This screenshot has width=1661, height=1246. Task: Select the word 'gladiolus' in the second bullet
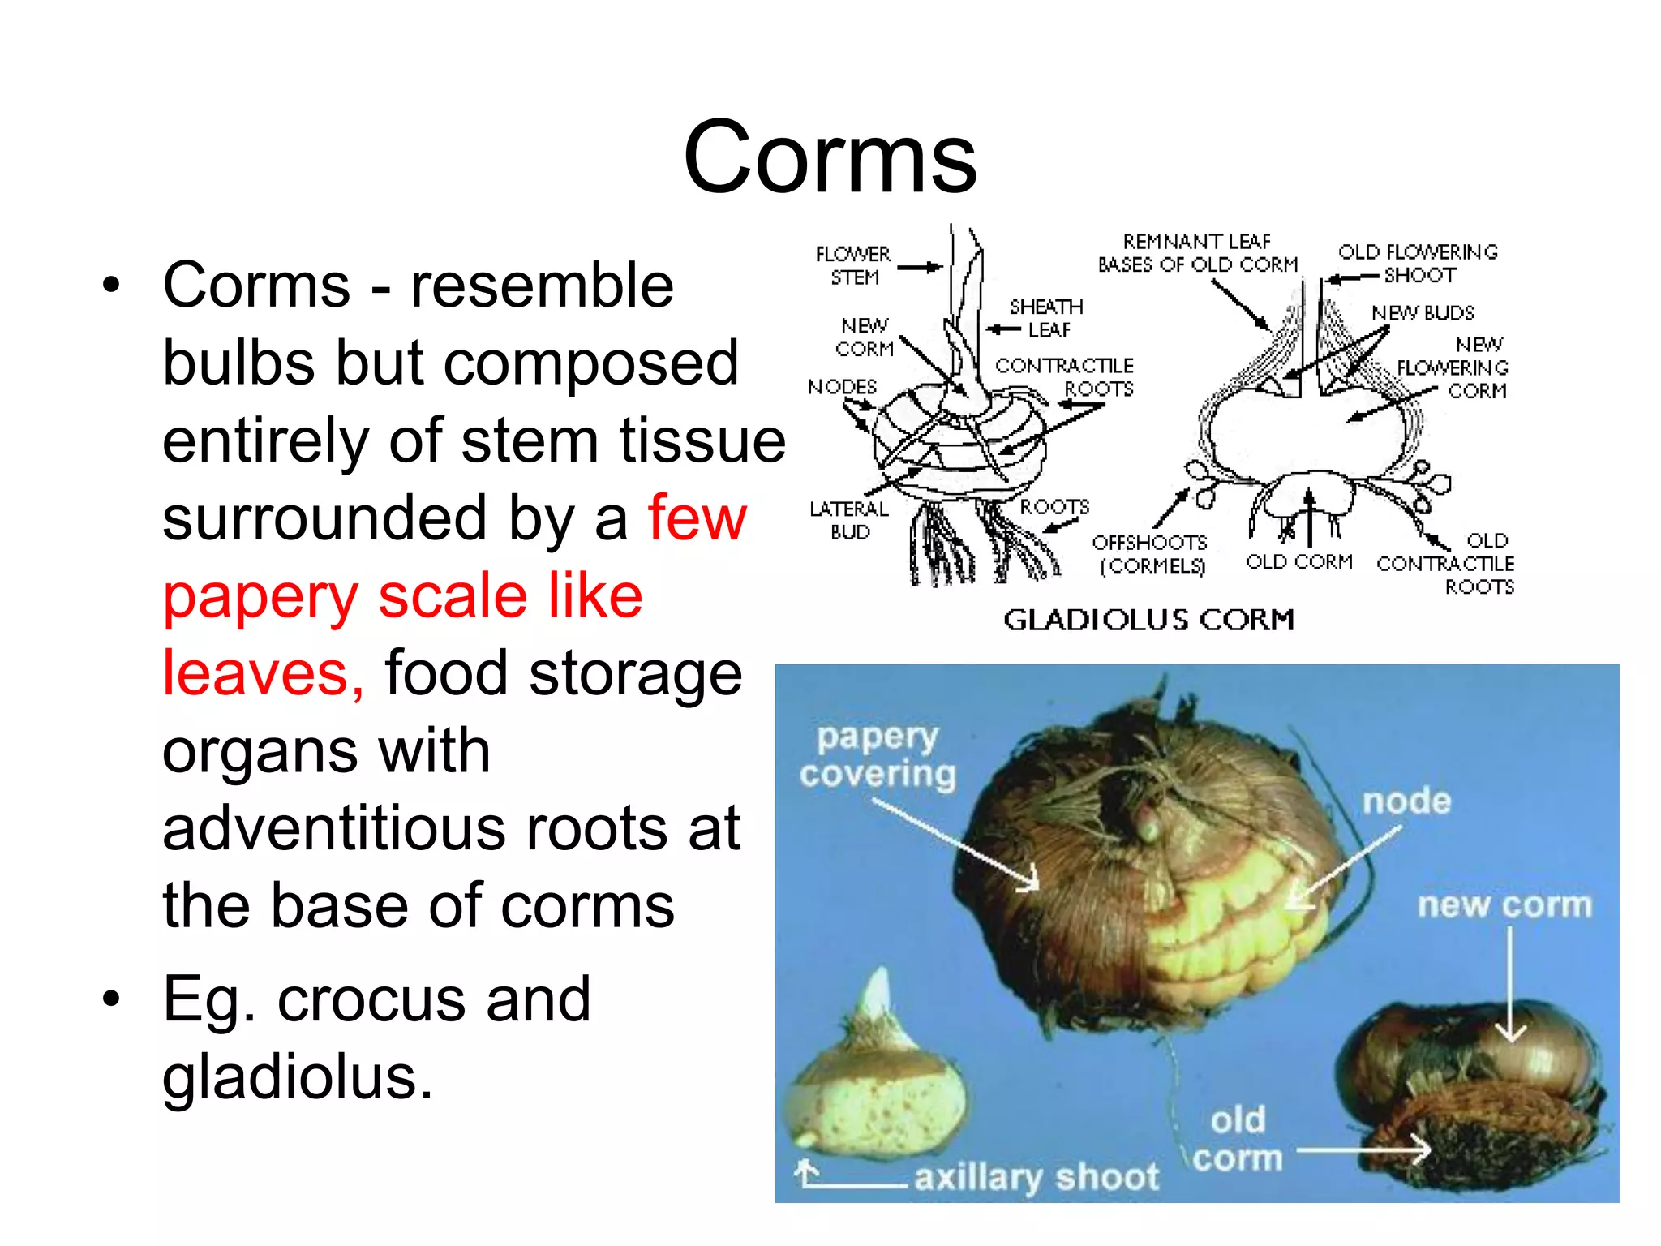coord(297,1076)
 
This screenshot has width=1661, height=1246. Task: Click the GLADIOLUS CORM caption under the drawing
coord(1148,620)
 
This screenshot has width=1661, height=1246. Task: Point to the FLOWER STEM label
coord(853,265)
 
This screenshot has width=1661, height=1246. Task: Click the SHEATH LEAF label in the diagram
coord(1046,318)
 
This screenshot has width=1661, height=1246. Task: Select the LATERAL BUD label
coord(849,520)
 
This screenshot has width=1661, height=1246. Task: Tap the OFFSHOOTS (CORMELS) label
coord(1150,553)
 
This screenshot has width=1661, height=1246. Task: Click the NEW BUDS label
coord(1423,313)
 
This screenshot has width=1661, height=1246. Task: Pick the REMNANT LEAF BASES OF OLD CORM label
coord(1197,253)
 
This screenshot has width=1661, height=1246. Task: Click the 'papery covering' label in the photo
coord(878,754)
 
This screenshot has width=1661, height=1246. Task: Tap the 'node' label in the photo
coord(1406,801)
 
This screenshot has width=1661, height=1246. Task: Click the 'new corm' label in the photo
coord(1504,904)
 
